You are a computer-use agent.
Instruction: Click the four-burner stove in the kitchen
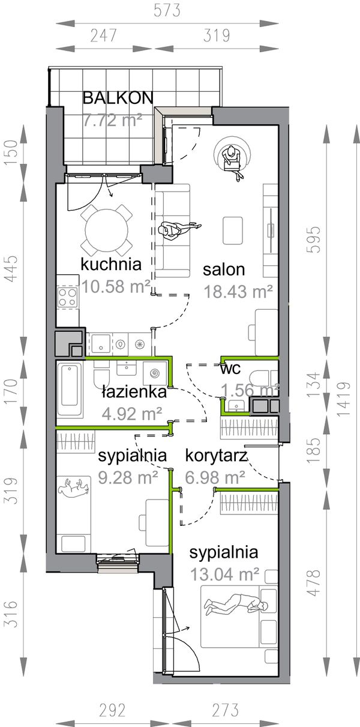(x=68, y=296)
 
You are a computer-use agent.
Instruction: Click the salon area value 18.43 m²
(x=238, y=291)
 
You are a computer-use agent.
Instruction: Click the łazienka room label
(x=133, y=393)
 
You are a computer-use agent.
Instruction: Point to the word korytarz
(x=216, y=456)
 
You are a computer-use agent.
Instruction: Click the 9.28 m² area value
(x=127, y=477)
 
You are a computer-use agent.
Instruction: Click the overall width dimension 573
(x=167, y=11)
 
